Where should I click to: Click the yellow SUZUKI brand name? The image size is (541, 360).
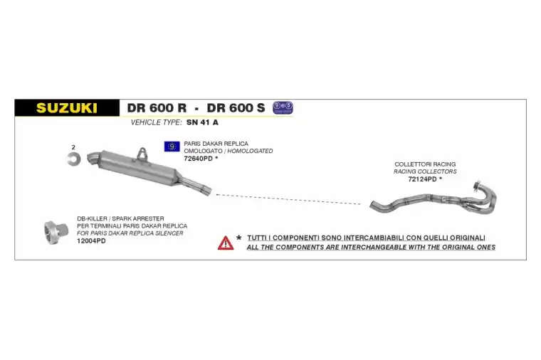[67, 108]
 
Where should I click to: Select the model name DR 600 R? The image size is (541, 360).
[157, 108]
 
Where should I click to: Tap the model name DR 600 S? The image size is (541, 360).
[236, 108]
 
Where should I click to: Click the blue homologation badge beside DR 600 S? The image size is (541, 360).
[283, 107]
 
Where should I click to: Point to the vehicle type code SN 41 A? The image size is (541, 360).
[202, 122]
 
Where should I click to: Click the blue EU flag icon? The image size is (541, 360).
[172, 147]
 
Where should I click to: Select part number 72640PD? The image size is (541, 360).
[199, 159]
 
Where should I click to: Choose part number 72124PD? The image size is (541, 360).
[422, 179]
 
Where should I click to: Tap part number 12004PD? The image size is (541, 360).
[91, 240]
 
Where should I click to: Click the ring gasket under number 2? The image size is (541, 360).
[73, 159]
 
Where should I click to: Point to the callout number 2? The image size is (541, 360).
[73, 147]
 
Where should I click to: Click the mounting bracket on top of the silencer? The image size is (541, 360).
[142, 154]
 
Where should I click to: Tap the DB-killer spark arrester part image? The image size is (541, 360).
[56, 233]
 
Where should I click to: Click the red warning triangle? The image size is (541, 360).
[226, 243]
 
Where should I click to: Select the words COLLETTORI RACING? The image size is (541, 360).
[425, 164]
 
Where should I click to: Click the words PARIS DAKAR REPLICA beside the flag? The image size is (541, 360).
[216, 144]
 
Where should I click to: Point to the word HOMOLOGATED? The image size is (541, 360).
[250, 151]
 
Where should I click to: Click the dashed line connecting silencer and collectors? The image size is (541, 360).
[288, 199]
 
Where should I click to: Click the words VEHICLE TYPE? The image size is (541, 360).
[156, 122]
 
